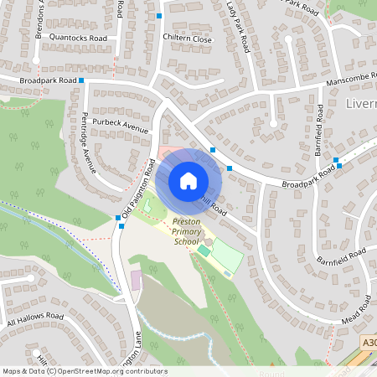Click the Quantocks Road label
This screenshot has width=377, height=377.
[x=79, y=39]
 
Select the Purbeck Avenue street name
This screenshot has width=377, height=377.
[x=120, y=126]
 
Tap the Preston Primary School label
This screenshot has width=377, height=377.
[x=186, y=232]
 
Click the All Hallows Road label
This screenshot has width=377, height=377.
[x=35, y=320]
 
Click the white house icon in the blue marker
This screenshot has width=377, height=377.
[x=188, y=181]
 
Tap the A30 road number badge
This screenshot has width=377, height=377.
[x=369, y=343]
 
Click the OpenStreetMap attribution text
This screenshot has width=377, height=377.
[x=84, y=371]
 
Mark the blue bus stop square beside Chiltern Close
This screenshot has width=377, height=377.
[x=159, y=16]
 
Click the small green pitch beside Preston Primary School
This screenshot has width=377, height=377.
[x=204, y=250]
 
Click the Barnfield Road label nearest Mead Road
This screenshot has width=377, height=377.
[x=343, y=253]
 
